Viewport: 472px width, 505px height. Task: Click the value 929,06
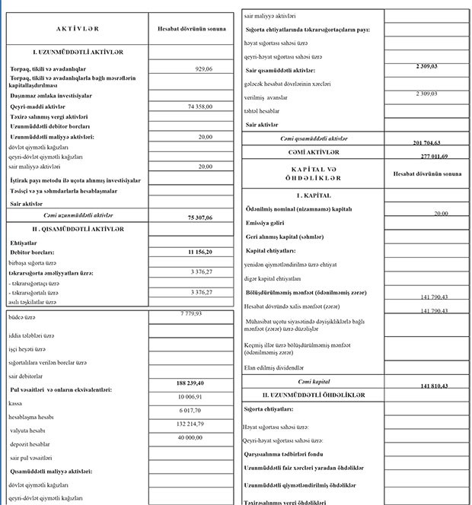[203, 69]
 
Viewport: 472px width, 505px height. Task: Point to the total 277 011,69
[429, 156]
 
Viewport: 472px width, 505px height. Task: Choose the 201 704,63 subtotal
[429, 142]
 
